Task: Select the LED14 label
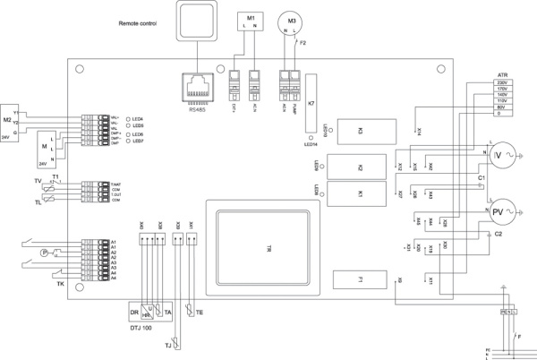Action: click(311, 142)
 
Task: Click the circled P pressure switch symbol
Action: click(42, 253)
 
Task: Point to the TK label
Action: click(60, 283)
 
